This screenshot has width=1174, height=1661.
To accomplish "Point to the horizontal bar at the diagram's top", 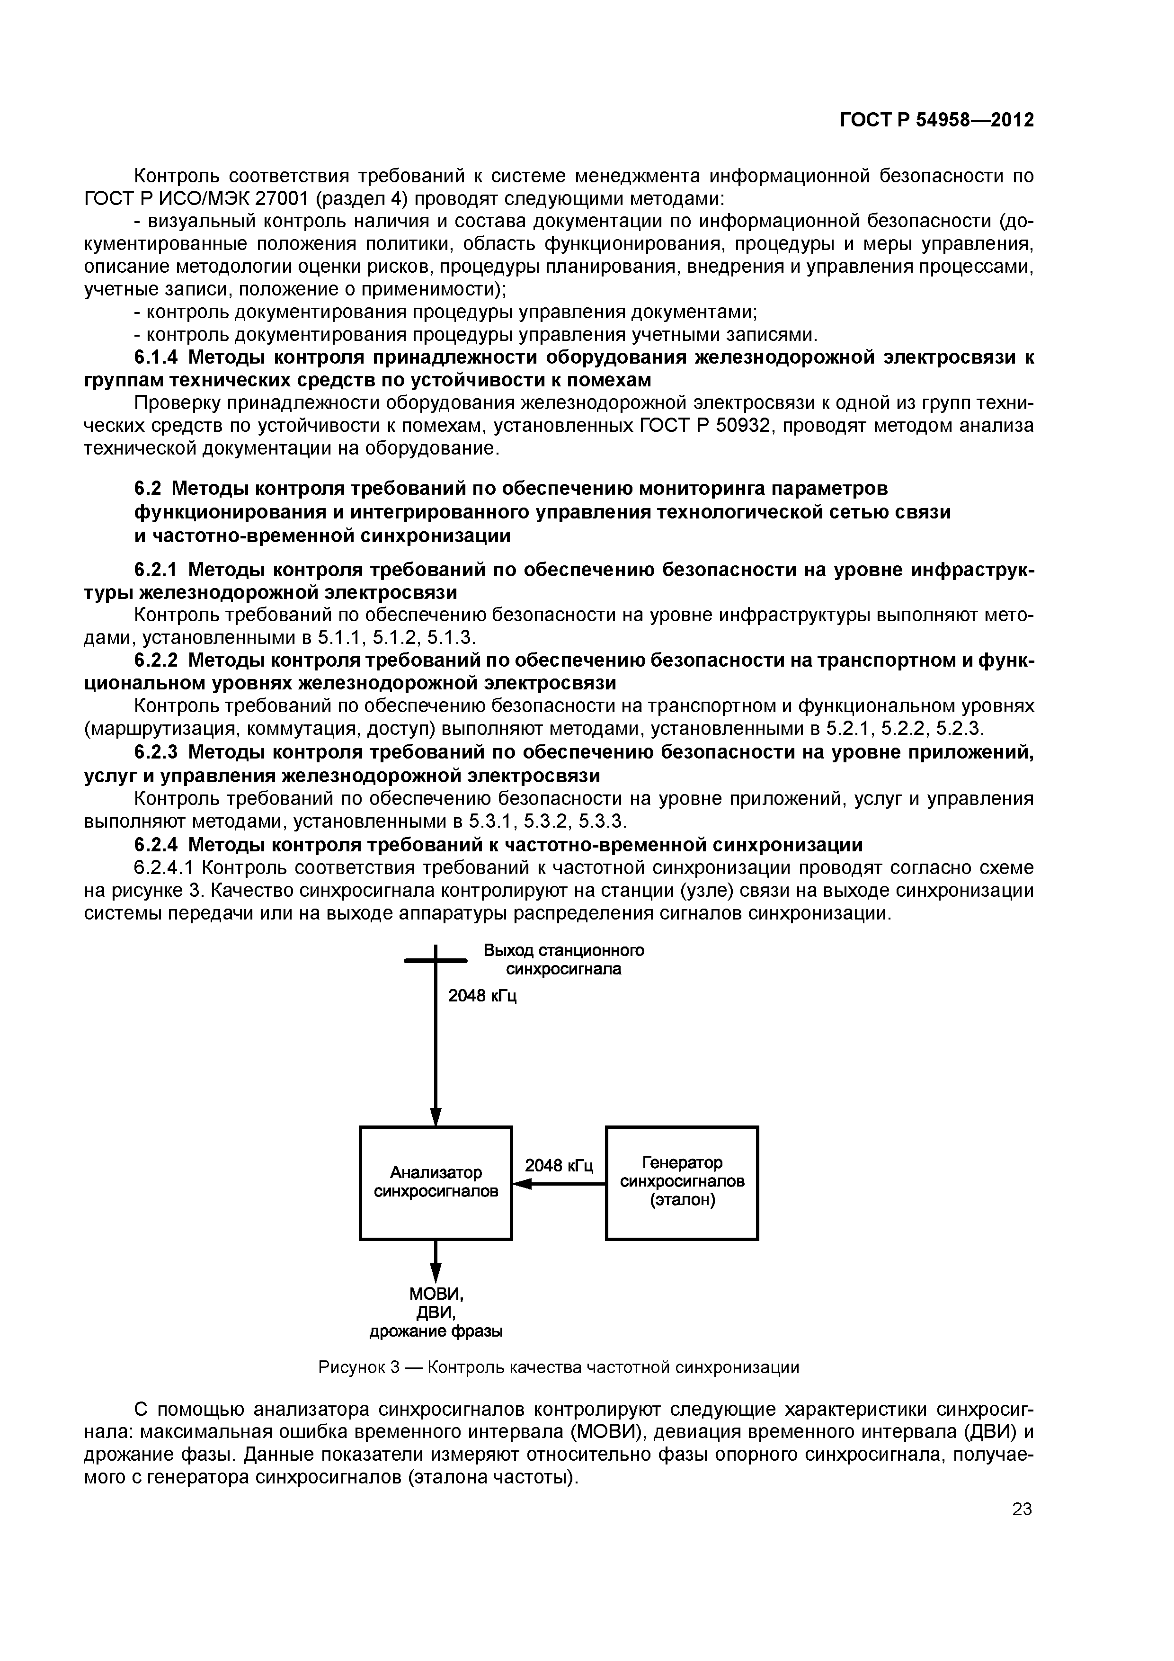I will [436, 961].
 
